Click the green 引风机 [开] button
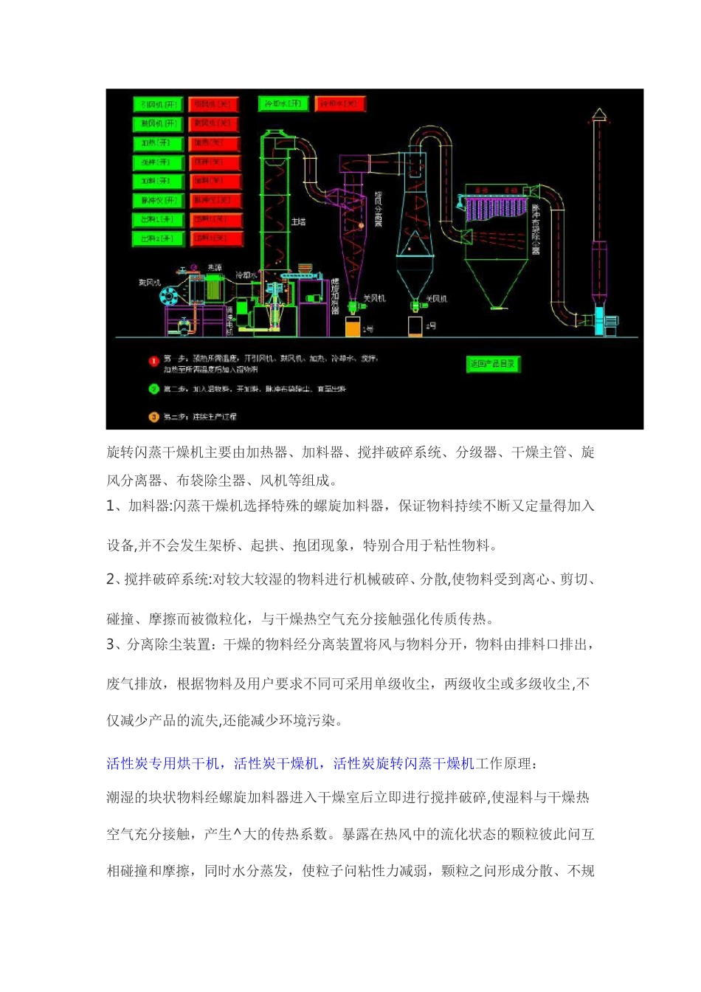point(158,104)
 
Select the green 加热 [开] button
point(158,142)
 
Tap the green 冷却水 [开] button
point(283,103)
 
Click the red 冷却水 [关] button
point(340,103)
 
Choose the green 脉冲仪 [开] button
point(158,200)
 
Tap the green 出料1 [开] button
point(158,219)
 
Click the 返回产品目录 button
point(493,363)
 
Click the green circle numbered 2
point(153,389)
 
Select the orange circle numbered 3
point(153,416)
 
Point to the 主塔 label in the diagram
point(297,221)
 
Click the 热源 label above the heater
point(214,267)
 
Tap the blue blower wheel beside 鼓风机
point(168,296)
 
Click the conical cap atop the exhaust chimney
point(598,114)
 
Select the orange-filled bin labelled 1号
point(352,327)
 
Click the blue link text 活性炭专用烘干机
point(163,763)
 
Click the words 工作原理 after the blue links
point(504,763)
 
